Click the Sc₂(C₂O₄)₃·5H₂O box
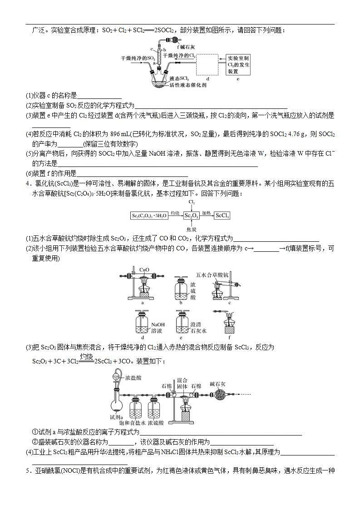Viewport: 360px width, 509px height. (x=148, y=216)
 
